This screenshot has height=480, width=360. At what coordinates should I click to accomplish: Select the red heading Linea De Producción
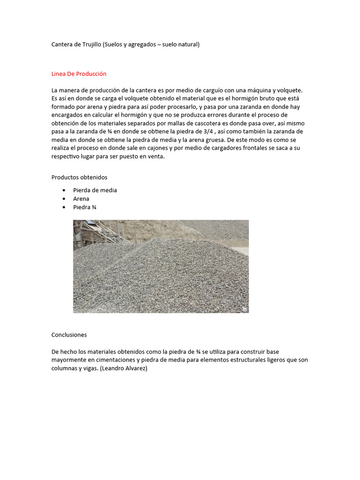pos(79,74)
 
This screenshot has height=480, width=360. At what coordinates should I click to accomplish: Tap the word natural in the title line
pos(187,45)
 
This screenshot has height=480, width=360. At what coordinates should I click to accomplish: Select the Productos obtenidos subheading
pos(79,177)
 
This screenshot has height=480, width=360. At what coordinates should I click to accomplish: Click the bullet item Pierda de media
pos(95,190)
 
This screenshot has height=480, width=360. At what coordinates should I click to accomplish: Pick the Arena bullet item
pos(81,199)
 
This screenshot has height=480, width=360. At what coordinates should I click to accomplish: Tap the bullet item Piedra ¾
pos(85,207)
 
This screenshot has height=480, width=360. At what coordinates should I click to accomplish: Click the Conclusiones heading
pos(69,335)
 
